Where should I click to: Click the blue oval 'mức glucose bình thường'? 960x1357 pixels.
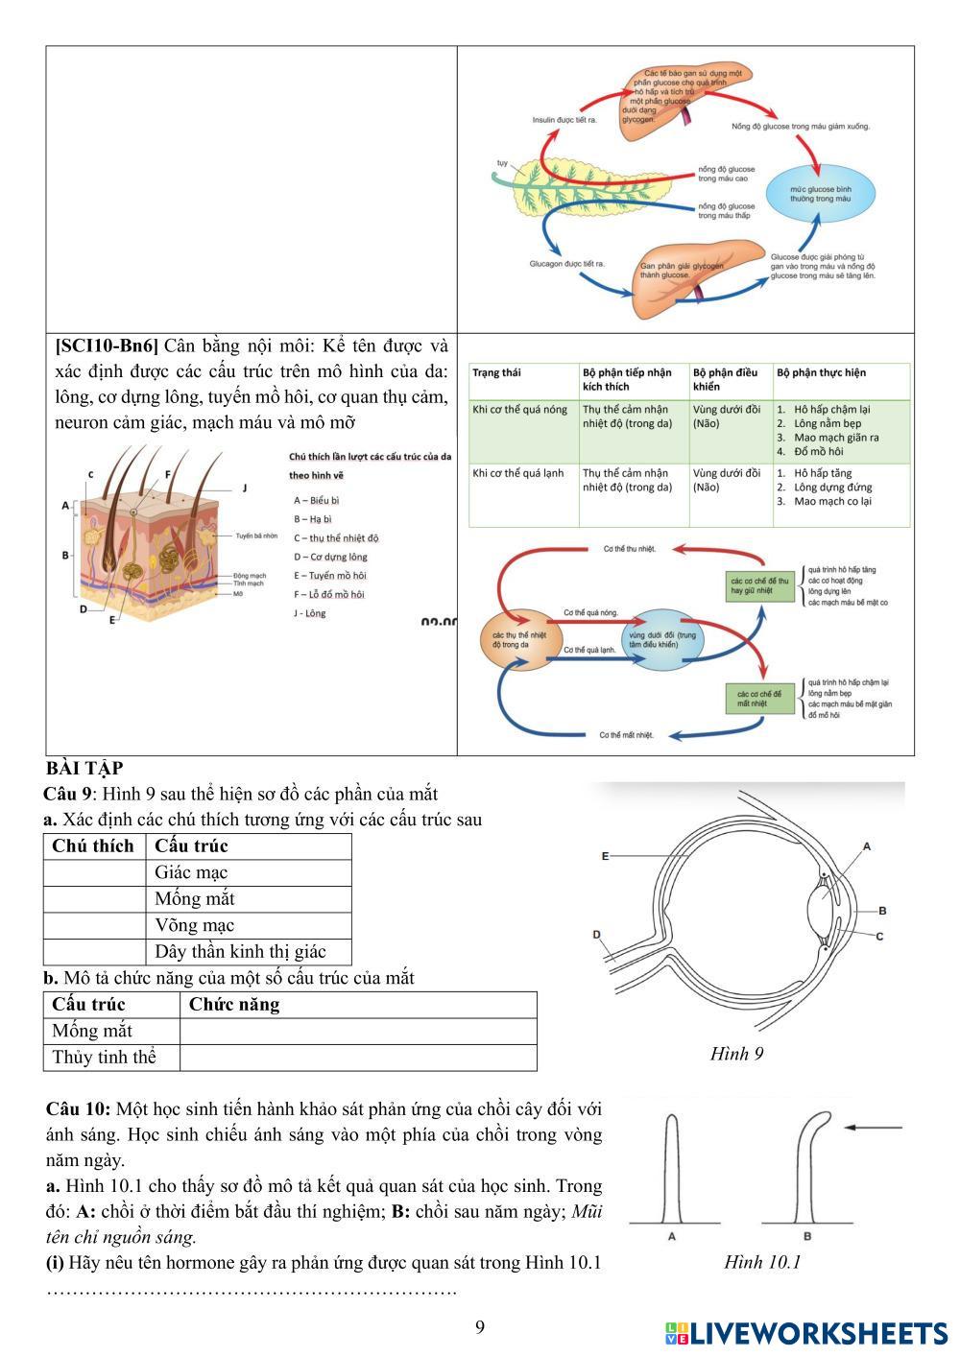click(x=820, y=194)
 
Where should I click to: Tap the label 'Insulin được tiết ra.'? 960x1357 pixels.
click(x=564, y=120)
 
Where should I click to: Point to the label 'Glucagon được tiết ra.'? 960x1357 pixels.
click(x=566, y=263)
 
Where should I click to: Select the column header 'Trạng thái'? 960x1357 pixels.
click(x=496, y=372)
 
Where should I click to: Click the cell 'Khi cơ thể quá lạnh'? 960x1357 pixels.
click(x=517, y=473)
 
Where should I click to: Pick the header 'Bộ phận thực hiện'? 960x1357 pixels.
click(x=821, y=372)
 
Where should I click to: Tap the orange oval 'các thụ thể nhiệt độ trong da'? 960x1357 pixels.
click(x=517, y=639)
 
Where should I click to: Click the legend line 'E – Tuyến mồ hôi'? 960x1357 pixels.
click(x=330, y=576)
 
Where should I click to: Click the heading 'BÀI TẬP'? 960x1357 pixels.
click(x=84, y=769)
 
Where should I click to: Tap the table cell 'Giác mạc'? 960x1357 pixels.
click(x=191, y=872)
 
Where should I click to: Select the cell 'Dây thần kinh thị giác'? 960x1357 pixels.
click(x=240, y=951)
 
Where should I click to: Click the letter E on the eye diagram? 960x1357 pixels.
click(x=605, y=855)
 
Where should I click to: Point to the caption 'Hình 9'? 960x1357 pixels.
click(x=736, y=1054)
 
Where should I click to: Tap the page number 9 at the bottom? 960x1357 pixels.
click(x=480, y=1327)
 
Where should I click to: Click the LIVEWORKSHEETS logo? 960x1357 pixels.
click(x=806, y=1333)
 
